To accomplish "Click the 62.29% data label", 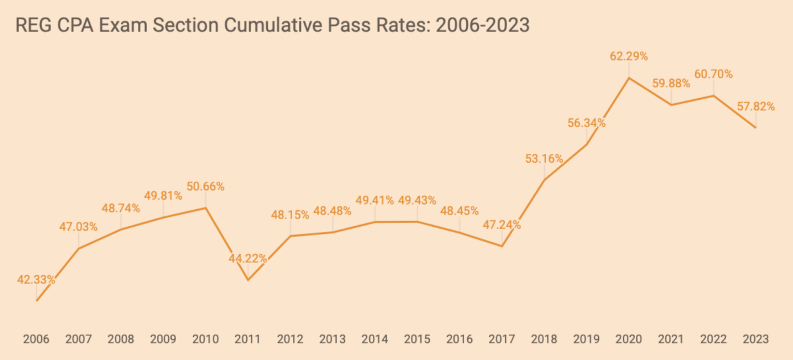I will click(x=628, y=57).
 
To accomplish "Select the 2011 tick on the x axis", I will click(x=248, y=339).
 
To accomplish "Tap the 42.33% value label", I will click(x=36, y=280).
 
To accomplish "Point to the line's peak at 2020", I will click(x=628, y=78).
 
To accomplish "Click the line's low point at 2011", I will click(x=248, y=280).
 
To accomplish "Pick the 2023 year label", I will click(x=756, y=339).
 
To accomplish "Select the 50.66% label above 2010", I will click(x=205, y=186).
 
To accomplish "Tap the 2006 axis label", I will click(x=36, y=339).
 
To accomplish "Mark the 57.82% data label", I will click(x=756, y=107).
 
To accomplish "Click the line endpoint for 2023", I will click(x=756, y=127).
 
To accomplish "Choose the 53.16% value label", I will click(x=544, y=159).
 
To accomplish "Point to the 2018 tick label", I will click(x=544, y=339).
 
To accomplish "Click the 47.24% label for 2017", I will click(x=502, y=225).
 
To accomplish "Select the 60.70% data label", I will click(x=713, y=74).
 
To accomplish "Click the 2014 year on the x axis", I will click(x=375, y=339).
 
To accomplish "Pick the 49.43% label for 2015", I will click(x=417, y=200).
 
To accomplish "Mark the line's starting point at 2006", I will click(x=36, y=300).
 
